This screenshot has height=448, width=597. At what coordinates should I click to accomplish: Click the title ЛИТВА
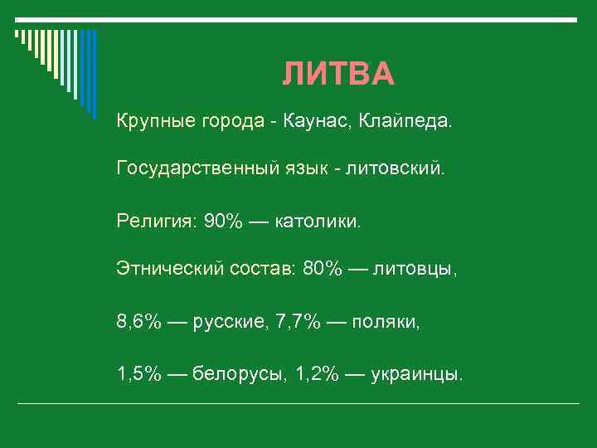[x=338, y=75]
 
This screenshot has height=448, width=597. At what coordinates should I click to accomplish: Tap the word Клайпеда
[x=406, y=122]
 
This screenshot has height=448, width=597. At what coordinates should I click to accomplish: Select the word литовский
[x=398, y=170]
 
